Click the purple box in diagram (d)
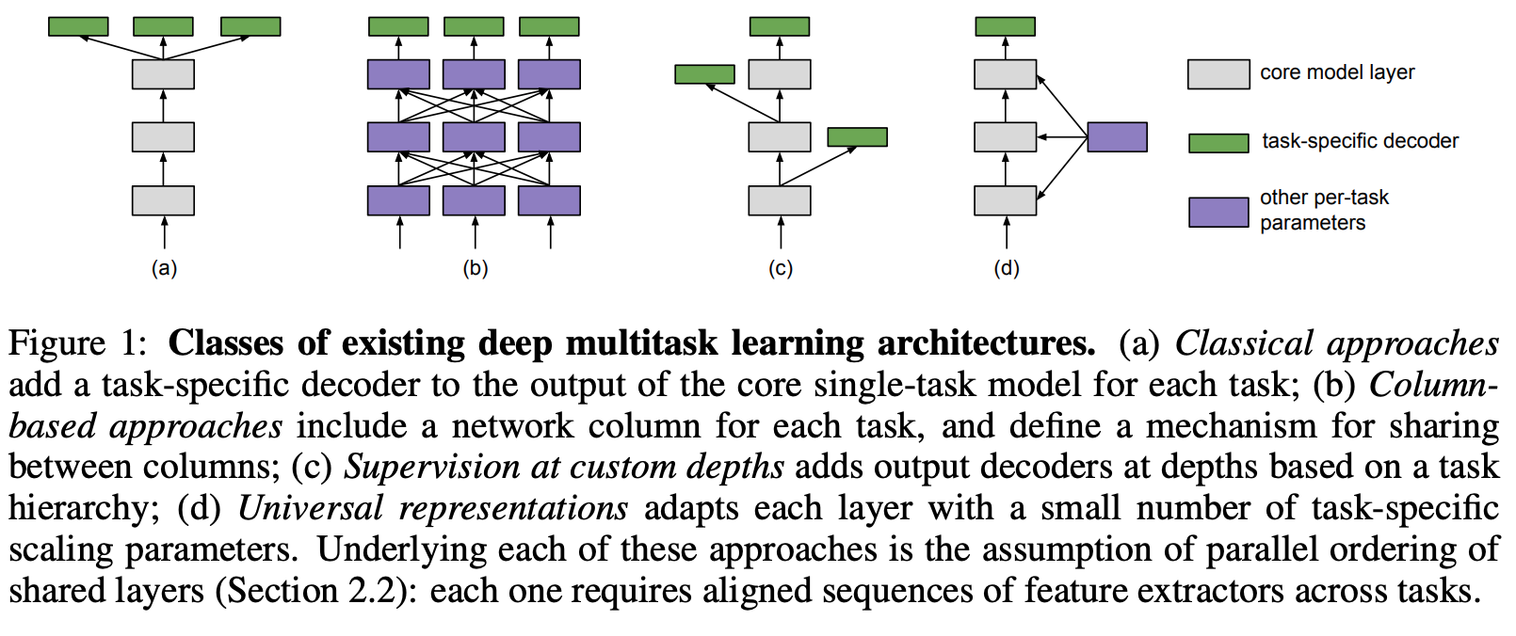(x=1117, y=137)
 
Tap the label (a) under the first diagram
(x=164, y=268)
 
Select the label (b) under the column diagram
(x=475, y=268)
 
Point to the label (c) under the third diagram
(x=781, y=268)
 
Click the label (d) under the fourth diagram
(x=1006, y=268)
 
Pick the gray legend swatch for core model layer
(x=1218, y=74)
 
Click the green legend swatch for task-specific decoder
(x=1218, y=143)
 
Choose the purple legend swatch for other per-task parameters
(x=1218, y=212)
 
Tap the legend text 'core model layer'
(x=1337, y=72)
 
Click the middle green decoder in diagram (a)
(x=163, y=26)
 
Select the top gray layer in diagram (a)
(x=163, y=74)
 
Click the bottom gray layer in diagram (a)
(x=163, y=200)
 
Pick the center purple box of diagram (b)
(x=474, y=137)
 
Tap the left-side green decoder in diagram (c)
(x=704, y=74)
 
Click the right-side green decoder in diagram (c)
(x=857, y=137)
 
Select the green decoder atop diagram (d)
(x=1005, y=26)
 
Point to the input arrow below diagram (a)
(x=164, y=232)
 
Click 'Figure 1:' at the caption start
(x=77, y=343)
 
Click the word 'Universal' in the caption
(x=310, y=508)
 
